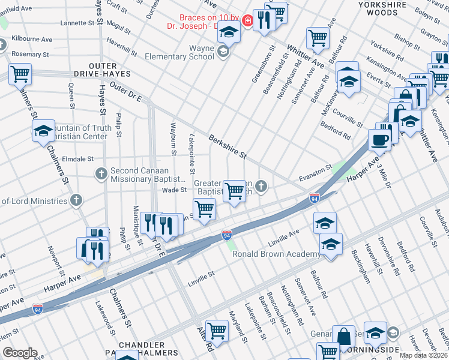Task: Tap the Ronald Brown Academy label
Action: click(276, 254)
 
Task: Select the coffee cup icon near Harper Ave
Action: click(379, 140)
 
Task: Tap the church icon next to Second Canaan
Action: click(101, 173)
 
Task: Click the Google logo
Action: click(20, 353)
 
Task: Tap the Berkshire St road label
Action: click(228, 147)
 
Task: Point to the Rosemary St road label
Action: click(30, 54)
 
